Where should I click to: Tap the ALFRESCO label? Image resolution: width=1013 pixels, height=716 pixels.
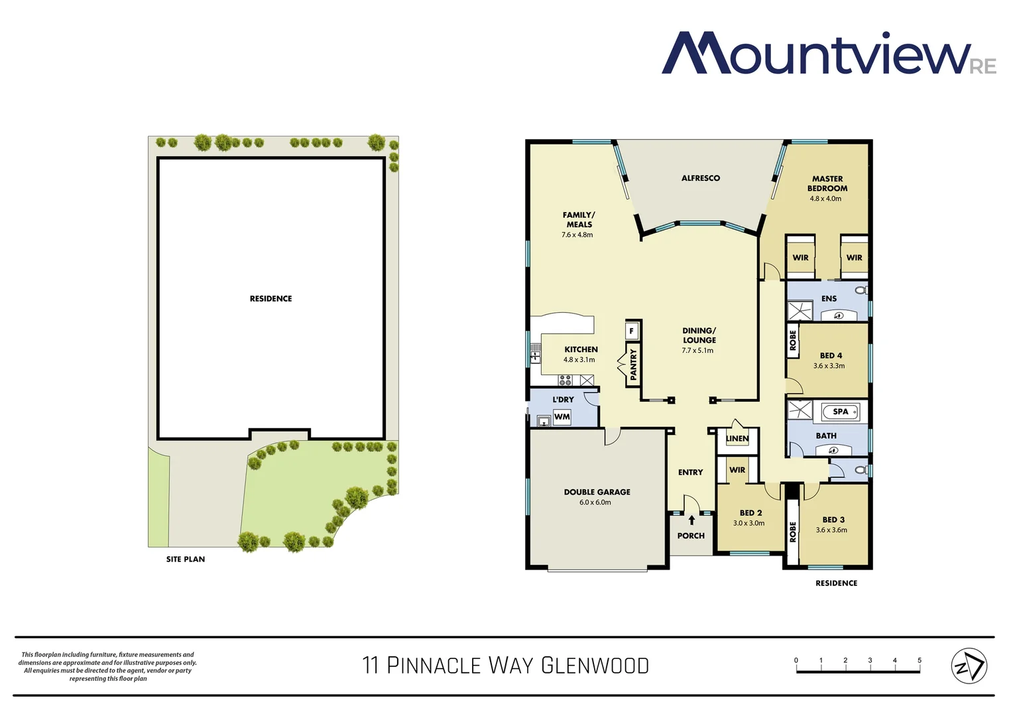(700, 178)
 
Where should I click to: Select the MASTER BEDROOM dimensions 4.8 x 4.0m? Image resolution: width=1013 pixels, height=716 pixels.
(825, 199)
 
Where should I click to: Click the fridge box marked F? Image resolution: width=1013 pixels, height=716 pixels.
(632, 330)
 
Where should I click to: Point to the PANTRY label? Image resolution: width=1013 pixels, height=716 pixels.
(633, 364)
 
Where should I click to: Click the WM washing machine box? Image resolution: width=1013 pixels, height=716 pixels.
(562, 417)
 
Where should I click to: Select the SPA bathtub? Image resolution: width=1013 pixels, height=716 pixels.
(840, 412)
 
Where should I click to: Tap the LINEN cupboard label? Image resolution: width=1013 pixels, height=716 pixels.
(737, 439)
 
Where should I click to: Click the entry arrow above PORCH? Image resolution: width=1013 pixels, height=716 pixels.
(691, 520)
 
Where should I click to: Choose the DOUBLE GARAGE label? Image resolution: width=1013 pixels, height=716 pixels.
(597, 492)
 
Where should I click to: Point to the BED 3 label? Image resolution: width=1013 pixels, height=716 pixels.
(833, 520)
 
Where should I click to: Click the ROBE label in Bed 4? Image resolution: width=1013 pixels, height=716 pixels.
(793, 341)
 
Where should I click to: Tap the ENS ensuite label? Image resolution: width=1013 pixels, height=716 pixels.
(829, 299)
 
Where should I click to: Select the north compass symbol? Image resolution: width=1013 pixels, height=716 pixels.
(969, 666)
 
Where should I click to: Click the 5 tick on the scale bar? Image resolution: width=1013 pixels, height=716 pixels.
(920, 661)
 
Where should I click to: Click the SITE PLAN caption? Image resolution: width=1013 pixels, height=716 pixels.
(186, 560)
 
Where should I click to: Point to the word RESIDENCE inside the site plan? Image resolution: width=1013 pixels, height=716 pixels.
(270, 299)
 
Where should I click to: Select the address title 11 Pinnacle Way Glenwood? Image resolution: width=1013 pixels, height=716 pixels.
(505, 666)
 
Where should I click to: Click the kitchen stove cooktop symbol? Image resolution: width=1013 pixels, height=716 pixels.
(565, 381)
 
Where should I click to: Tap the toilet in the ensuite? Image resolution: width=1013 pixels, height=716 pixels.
(861, 290)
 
